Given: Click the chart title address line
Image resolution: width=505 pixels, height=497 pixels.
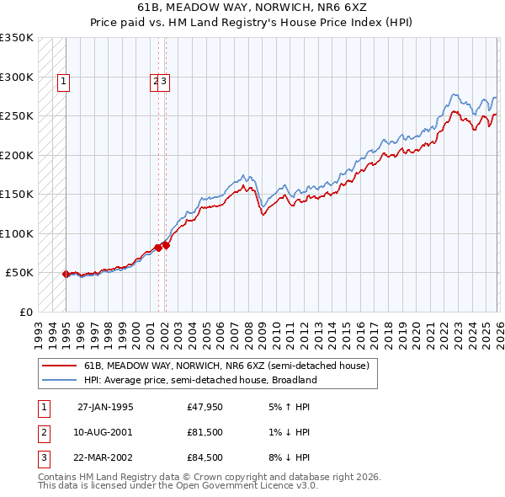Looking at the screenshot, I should coord(252,7).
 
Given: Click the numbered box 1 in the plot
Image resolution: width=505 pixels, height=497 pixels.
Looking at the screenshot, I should coord(64,82).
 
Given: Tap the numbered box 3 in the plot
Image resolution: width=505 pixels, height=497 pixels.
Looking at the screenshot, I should coord(165,82).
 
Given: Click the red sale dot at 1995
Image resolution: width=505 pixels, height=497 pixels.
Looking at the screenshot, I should coord(66,274).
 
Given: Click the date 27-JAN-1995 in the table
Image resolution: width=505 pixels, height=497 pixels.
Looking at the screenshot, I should coord(105,407).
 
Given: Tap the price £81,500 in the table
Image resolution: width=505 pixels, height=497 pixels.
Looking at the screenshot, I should coord(206,432).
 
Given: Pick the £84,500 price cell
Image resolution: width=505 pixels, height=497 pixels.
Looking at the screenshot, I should coord(206,457).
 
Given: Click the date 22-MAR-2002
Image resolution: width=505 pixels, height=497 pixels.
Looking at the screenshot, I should coord(105,457).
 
